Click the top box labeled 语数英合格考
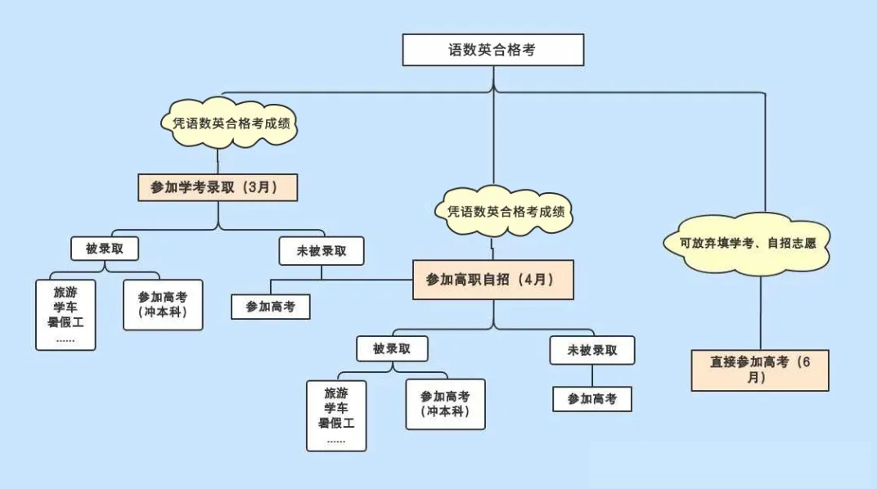[x=492, y=50]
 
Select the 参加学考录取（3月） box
[x=218, y=187]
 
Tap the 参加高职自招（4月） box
[x=492, y=280]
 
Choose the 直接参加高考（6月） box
[x=760, y=370]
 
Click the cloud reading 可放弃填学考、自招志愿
[x=747, y=243]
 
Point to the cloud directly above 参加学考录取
[x=229, y=123]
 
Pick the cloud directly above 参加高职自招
[x=505, y=211]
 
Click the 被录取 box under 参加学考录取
[x=105, y=249]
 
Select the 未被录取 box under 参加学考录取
[x=322, y=251]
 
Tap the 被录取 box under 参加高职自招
[x=392, y=348]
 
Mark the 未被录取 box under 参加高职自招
[x=592, y=351]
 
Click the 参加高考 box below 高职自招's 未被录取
[x=592, y=399]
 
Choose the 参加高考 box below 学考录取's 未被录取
[x=271, y=307]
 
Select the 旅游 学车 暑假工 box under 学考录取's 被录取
[x=65, y=315]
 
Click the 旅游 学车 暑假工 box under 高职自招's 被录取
[x=336, y=415]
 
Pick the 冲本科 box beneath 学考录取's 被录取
[x=163, y=304]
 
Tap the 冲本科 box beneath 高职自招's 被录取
[x=445, y=404]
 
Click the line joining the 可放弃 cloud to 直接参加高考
[x=761, y=313]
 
